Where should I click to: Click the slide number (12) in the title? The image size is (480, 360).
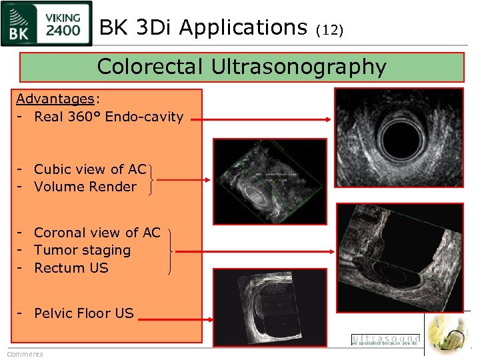tap(329, 30)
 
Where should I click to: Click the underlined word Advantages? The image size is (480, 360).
tap(55, 99)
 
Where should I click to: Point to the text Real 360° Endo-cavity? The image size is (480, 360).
tap(109, 117)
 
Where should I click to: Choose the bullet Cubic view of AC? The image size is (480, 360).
tap(90, 169)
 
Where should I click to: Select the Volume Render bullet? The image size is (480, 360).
tap(85, 187)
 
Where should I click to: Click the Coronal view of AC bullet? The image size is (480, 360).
tap(97, 233)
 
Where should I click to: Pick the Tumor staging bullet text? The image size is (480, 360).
tap(83, 250)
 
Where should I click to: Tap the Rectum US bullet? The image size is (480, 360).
tap(71, 268)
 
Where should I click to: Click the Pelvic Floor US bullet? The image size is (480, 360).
tap(84, 313)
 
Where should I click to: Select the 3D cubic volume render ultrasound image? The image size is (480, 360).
tap(270, 181)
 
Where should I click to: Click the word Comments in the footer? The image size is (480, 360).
tap(25, 354)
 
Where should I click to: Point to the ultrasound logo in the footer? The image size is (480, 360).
tap(386, 340)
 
